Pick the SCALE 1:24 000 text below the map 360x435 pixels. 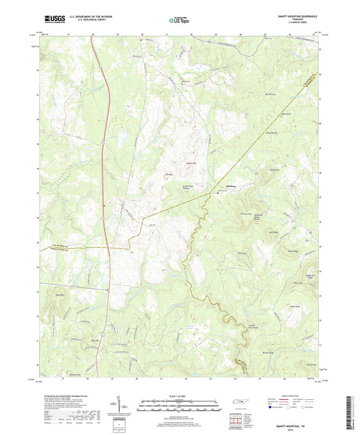(x=180, y=394)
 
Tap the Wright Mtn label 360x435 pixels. (x=274, y=170)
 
